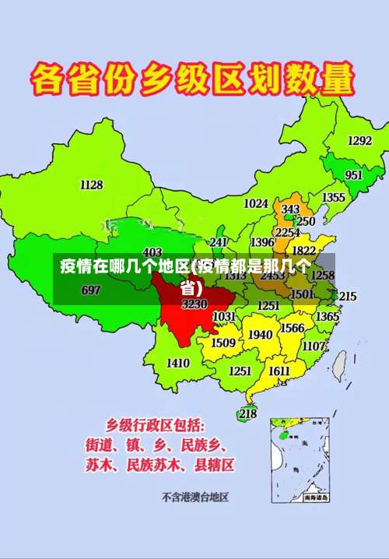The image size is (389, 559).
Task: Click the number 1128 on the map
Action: pyautogui.click(x=92, y=185)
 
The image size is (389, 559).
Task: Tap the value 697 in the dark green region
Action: pyautogui.click(x=91, y=290)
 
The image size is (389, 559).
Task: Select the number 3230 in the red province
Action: pyautogui.click(x=194, y=304)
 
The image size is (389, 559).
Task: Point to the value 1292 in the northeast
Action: pyautogui.click(x=359, y=141)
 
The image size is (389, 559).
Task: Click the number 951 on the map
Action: pyautogui.click(x=354, y=175)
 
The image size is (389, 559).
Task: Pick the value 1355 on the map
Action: pyautogui.click(x=334, y=198)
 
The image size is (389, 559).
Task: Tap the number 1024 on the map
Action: pyautogui.click(x=256, y=203)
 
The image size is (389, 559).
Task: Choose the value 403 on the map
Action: pyautogui.click(x=152, y=252)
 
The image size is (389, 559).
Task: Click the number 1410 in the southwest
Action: pyautogui.click(x=178, y=363)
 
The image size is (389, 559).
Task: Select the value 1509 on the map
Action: pyautogui.click(x=223, y=343)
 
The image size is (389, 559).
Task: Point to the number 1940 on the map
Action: pyautogui.click(x=261, y=335)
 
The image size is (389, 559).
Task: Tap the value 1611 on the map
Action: pyautogui.click(x=279, y=371)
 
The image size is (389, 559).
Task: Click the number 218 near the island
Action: pyautogui.click(x=247, y=414)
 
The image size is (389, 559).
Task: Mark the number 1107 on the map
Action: pyautogui.click(x=314, y=346)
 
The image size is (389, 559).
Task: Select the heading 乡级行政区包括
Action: pyautogui.click(x=155, y=426)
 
